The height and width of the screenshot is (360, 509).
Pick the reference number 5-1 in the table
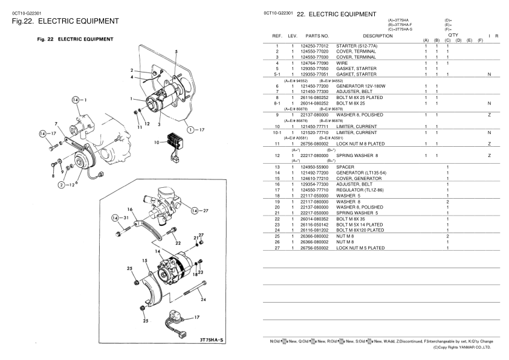coord(276,74)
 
